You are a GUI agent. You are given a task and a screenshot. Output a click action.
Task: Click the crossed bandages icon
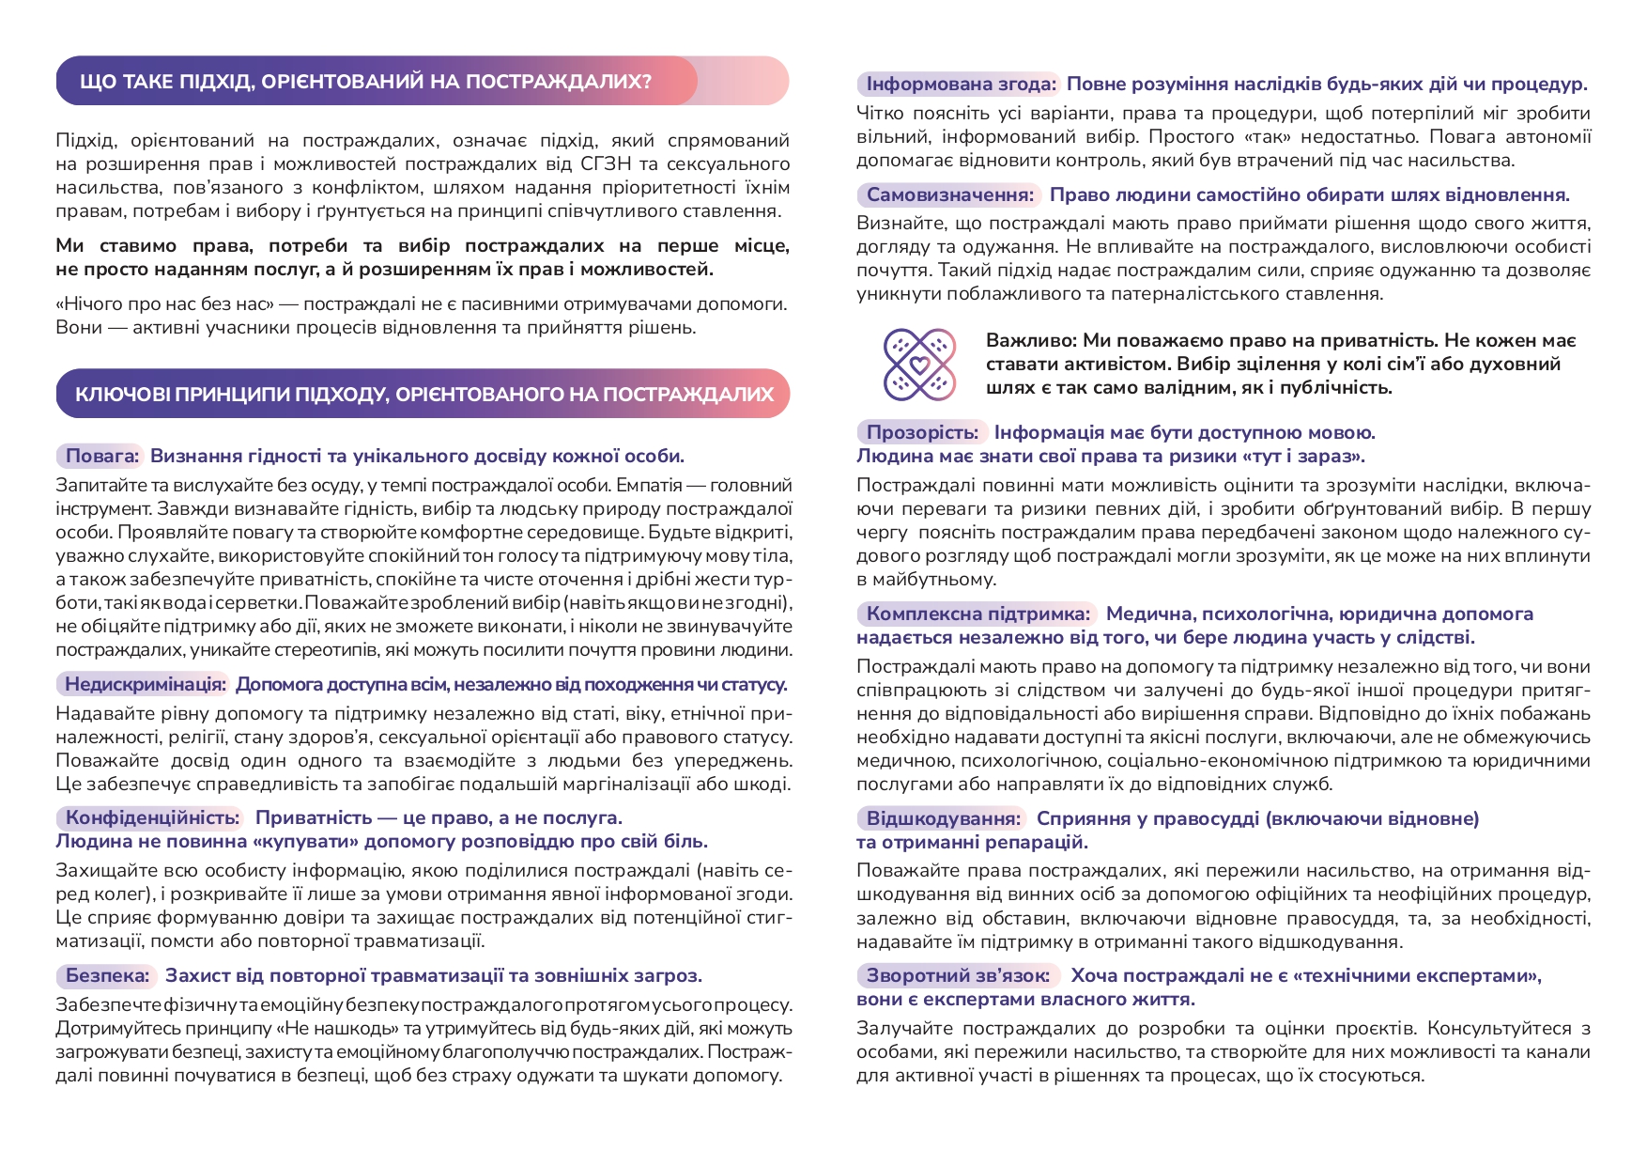[919, 364]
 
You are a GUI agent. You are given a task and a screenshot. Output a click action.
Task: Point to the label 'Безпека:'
[107, 975]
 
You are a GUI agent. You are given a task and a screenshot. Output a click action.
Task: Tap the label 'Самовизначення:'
[949, 194]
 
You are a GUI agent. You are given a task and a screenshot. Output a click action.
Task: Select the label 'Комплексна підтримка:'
[977, 614]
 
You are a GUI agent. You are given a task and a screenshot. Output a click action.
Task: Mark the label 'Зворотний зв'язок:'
[958, 975]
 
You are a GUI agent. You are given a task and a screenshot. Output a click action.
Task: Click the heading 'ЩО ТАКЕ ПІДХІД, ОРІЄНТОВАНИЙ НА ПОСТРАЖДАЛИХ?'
[365, 81]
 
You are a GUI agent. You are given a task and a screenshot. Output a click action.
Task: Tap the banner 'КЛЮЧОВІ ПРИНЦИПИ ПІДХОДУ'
[423, 394]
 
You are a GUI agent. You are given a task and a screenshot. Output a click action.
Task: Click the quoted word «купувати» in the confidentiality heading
[305, 841]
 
